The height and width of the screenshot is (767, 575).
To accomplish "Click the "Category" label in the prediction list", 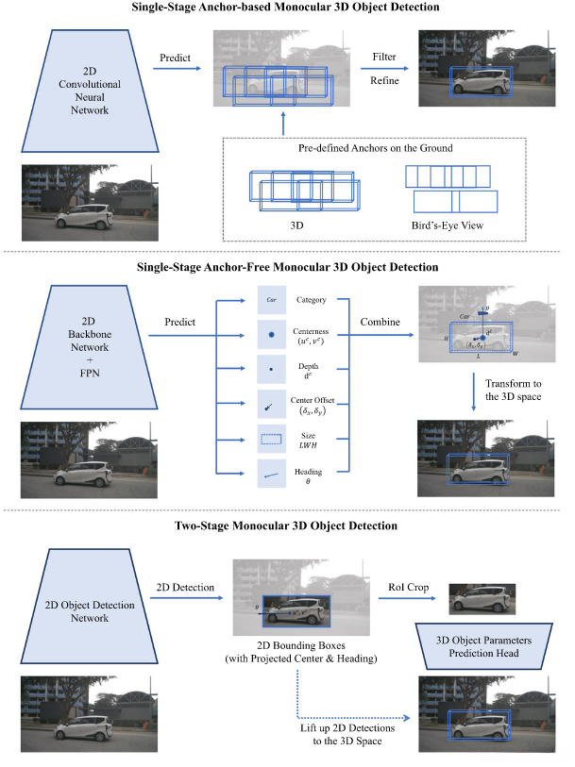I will (x=312, y=300).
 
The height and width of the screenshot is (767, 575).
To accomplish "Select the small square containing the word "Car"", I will (x=270, y=301).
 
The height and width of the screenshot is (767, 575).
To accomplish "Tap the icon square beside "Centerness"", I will (x=270, y=334).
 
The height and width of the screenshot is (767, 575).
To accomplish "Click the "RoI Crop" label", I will (x=409, y=587).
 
